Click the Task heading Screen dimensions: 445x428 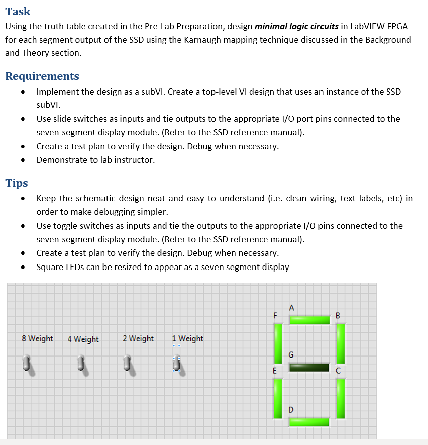[x=18, y=11]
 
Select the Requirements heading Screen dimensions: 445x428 [x=42, y=76]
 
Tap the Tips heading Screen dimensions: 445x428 [x=17, y=183]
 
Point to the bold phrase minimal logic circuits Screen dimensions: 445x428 [x=296, y=26]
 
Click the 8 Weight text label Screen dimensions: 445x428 [x=38, y=339]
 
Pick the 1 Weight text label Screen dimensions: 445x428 [x=187, y=339]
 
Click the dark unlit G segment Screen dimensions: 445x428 [x=309, y=368]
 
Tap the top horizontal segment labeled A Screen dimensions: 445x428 [x=309, y=320]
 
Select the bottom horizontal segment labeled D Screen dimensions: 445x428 [x=309, y=421]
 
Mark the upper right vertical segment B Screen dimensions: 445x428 [x=340, y=343]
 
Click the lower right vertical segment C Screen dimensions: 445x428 [x=340, y=398]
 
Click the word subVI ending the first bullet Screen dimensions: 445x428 [x=48, y=105]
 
